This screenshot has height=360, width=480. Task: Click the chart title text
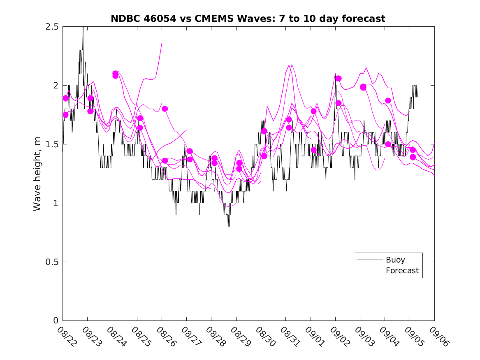248,19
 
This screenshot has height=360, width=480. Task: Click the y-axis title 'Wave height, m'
37,174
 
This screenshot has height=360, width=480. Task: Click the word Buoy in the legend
395,260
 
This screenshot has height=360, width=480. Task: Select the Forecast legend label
402,271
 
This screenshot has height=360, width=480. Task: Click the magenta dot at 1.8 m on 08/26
165,109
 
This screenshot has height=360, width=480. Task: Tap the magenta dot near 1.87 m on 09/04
388,100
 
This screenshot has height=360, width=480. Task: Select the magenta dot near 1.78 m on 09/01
314,111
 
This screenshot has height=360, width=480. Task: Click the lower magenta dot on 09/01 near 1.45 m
314,150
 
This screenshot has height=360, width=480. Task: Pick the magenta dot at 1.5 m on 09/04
388,144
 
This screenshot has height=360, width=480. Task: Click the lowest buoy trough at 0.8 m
229,226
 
